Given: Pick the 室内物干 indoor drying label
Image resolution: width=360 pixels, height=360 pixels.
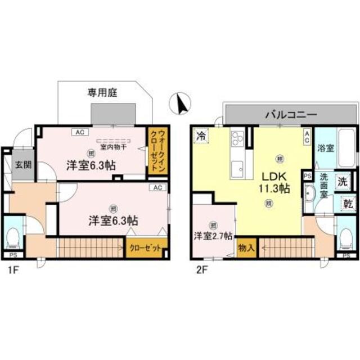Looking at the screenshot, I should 111,148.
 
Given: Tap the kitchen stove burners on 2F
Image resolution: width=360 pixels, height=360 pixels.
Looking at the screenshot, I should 237,137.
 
